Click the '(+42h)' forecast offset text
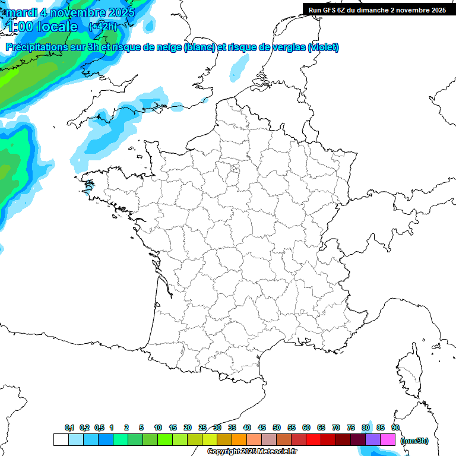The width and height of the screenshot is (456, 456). pyautogui.click(x=103, y=26)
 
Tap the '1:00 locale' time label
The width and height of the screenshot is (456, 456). pyautogui.click(x=42, y=27)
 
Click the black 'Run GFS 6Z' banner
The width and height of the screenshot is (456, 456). pyautogui.click(x=377, y=10)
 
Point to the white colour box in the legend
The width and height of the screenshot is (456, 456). pyautogui.click(x=61, y=440)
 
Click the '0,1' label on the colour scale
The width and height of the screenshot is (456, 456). pyautogui.click(x=69, y=428)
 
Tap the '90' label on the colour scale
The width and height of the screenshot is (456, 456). pyautogui.click(x=395, y=428)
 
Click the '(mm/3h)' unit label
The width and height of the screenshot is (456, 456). pyautogui.click(x=414, y=441)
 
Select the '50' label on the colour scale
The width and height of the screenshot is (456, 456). pyautogui.click(x=277, y=428)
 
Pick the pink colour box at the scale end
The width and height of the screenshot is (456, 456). pyautogui.click(x=388, y=440)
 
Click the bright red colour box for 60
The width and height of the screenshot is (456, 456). pyautogui.click(x=313, y=440)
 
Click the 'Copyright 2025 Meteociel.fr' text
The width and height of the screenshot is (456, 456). pyautogui.click(x=252, y=452)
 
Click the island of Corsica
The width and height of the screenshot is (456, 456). pyautogui.click(x=410, y=374)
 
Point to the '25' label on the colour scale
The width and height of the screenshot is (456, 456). pyautogui.click(x=202, y=428)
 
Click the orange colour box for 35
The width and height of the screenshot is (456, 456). pyautogui.click(x=239, y=440)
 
